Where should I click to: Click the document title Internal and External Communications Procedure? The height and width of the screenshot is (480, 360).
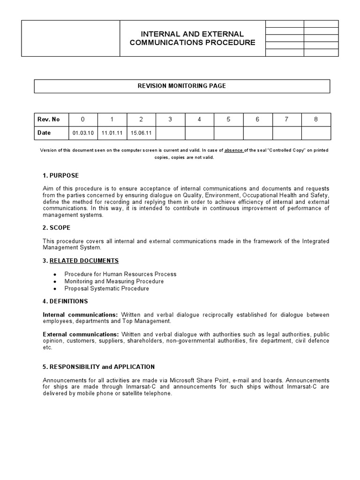pos(192,38)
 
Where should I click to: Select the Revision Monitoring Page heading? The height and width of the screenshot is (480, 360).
pos(182,86)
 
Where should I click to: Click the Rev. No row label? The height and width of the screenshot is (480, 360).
pos(49,120)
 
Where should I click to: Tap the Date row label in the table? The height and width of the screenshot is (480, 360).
pos(44,133)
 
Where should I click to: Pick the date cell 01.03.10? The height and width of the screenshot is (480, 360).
pos(83,133)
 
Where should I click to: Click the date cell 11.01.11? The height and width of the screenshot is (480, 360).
pos(112,133)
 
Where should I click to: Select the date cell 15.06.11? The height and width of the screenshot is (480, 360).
pos(141,133)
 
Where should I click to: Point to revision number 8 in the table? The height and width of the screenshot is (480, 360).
pos(316,120)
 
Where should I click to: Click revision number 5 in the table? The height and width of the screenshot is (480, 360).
pos(228,120)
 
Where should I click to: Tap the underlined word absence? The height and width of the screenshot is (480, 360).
pos(233,150)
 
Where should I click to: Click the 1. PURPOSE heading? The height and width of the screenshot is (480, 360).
pos(61,175)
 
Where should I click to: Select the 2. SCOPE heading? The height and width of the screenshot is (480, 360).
pos(57,228)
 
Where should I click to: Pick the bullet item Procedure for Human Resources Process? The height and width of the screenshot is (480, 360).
pos(120,274)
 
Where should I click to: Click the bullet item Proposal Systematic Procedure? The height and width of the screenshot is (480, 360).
pos(107,289)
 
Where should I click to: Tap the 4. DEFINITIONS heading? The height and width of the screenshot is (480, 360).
pos(65,301)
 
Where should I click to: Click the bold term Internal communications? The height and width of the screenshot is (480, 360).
pos(81,315)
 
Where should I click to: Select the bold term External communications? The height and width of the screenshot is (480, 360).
pos(81,334)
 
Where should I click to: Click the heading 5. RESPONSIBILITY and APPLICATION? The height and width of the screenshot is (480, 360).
pos(99,367)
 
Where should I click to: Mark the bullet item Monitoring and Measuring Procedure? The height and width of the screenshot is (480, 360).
pos(114,281)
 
